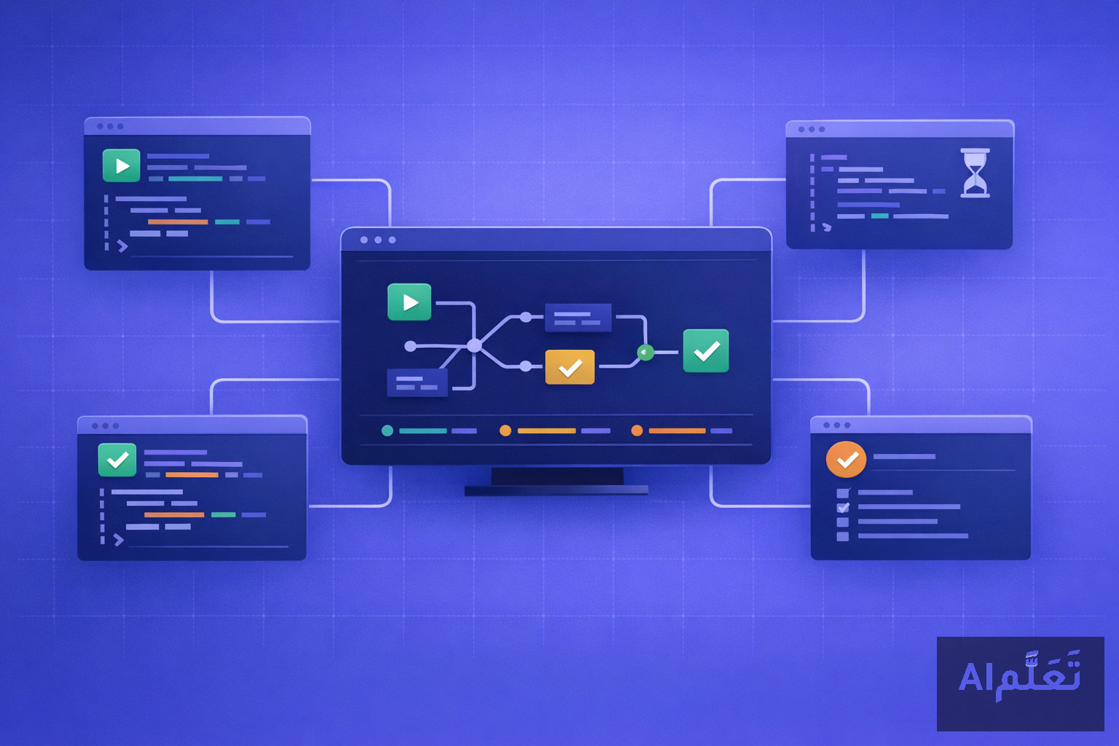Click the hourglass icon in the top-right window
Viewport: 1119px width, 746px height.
(x=975, y=173)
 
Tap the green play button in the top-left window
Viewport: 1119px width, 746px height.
(x=122, y=165)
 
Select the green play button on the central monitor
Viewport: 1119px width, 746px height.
(x=409, y=302)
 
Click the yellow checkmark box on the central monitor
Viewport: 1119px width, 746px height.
(x=570, y=367)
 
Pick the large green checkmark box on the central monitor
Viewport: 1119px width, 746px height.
(x=706, y=350)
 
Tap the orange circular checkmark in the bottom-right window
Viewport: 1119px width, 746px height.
(x=847, y=459)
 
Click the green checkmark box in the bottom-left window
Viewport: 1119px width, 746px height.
(x=117, y=460)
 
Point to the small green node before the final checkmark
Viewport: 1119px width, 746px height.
(x=645, y=353)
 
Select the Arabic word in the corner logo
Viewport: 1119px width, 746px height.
(x=1038, y=675)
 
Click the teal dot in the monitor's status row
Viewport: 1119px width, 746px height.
(x=387, y=431)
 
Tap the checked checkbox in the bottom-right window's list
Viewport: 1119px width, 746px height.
(x=843, y=508)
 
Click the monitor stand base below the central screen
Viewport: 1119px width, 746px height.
(x=557, y=491)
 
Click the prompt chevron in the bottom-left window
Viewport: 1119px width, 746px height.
(x=119, y=540)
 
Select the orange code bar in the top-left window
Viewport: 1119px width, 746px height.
(x=178, y=222)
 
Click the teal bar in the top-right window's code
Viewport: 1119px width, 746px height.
(x=880, y=216)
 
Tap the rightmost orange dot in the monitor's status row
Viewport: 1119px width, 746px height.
(x=637, y=431)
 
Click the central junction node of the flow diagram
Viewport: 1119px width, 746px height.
(x=474, y=345)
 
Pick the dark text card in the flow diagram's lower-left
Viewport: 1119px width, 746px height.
(x=417, y=383)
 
